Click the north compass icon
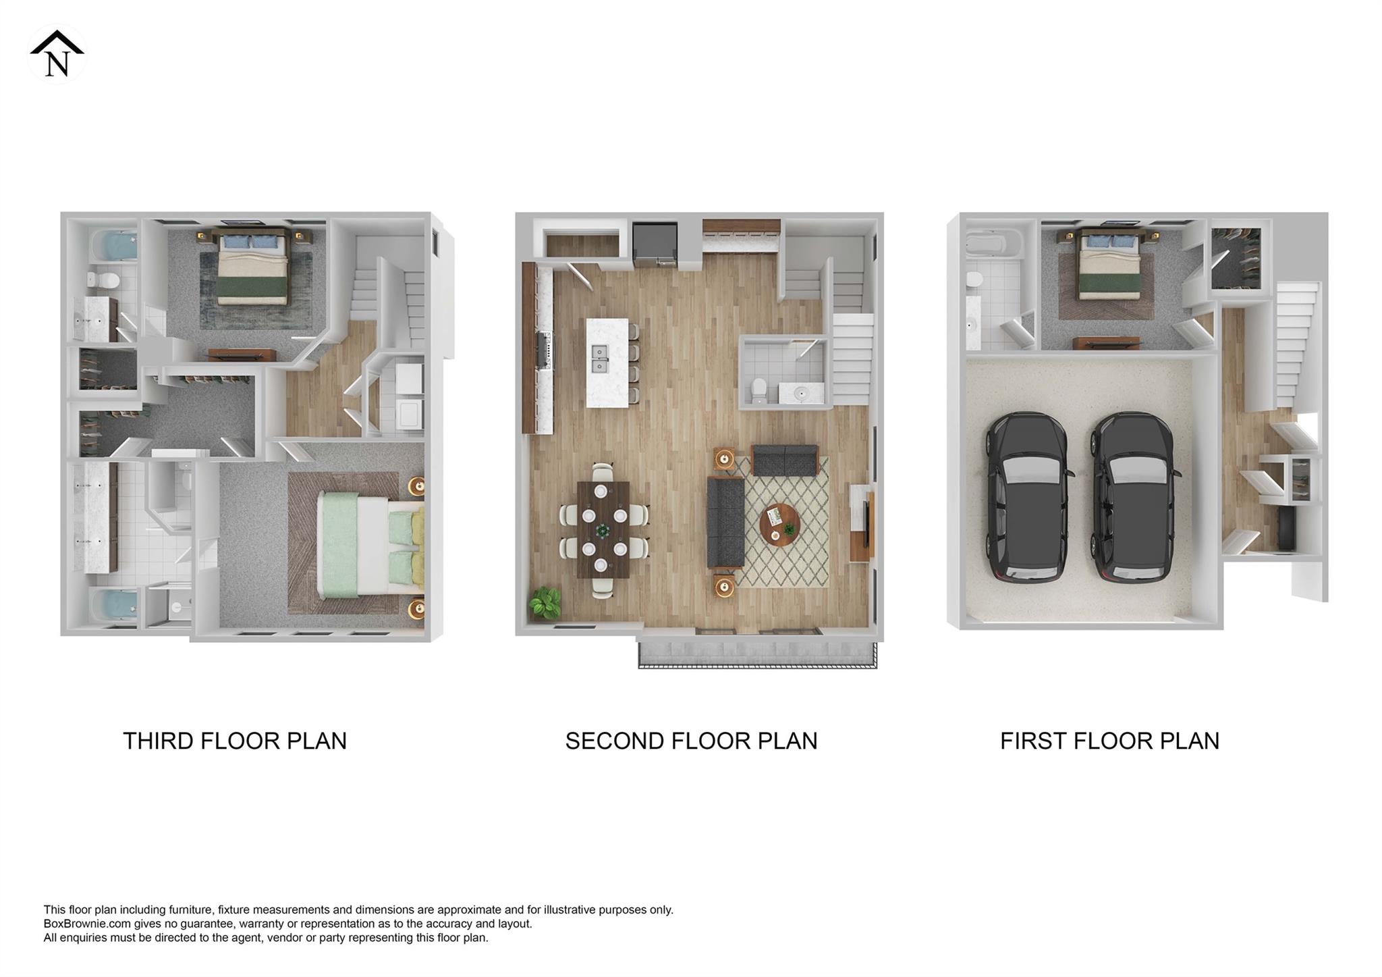tap(57, 54)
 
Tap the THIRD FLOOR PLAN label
tap(234, 741)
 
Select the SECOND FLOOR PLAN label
tap(691, 741)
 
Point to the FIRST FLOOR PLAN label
tap(1109, 741)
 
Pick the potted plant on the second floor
tap(545, 602)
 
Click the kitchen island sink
tap(599, 359)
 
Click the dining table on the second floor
tap(603, 529)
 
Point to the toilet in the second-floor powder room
tap(758, 391)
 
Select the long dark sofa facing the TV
tap(725, 521)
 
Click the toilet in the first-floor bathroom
tap(974, 279)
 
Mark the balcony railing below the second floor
tap(757, 665)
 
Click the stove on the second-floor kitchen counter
tap(545, 350)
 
